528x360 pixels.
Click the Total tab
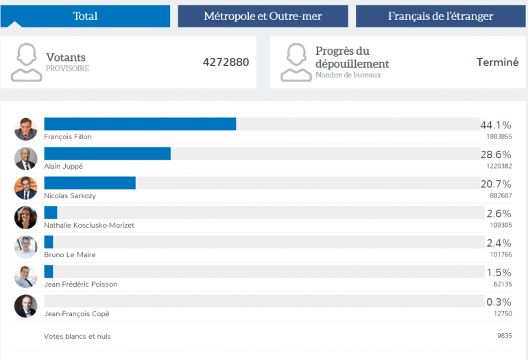85,16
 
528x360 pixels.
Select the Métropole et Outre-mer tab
263,16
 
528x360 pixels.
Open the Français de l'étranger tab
440,16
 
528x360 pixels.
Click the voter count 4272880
226,62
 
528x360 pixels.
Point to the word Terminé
497,62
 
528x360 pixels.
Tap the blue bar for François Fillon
140,124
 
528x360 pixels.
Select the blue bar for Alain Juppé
107,154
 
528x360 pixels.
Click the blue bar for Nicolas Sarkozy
90,183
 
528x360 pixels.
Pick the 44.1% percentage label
495,125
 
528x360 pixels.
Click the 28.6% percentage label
495,154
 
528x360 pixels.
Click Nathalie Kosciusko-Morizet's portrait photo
25,217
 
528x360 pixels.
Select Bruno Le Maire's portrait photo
25,247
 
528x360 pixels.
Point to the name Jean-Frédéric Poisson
80,284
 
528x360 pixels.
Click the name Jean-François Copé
77,313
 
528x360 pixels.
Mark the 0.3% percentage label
499,302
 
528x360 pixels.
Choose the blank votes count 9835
504,337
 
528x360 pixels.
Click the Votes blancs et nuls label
77,337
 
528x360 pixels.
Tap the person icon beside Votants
26,62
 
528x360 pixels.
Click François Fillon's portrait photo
25,129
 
